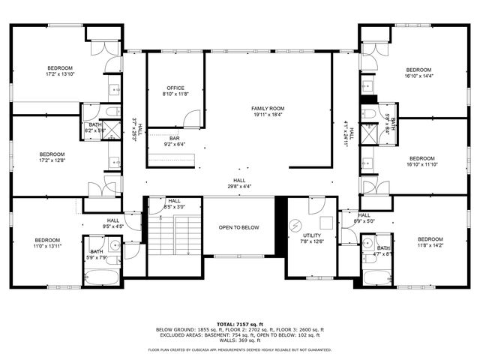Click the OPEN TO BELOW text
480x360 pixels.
click(x=240, y=227)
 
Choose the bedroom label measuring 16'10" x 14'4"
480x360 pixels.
click(x=419, y=73)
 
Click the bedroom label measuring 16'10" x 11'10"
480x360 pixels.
click(x=421, y=162)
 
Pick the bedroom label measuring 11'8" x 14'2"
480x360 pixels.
click(x=430, y=242)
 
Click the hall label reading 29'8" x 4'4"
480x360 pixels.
click(x=239, y=183)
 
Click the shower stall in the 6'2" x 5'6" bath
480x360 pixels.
click(x=109, y=133)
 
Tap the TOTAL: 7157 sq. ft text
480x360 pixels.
click(x=240, y=323)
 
